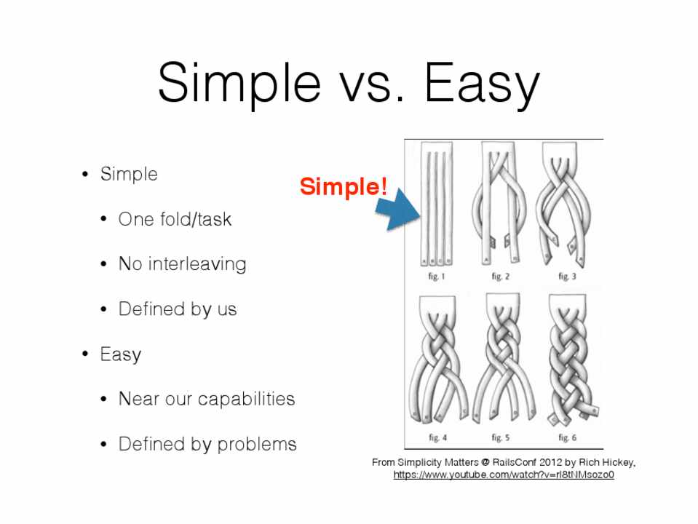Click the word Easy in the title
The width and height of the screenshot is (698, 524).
tap(482, 84)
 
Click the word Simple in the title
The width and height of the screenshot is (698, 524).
tap(239, 84)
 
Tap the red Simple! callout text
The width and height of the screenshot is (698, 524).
tap(344, 186)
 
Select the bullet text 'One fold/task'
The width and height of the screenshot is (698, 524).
tap(175, 219)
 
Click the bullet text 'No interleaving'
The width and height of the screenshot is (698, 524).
tap(182, 263)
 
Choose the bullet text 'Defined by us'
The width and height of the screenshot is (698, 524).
tap(177, 309)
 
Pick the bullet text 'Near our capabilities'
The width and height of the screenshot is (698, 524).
tap(207, 399)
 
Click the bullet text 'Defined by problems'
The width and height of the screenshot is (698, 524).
tap(207, 444)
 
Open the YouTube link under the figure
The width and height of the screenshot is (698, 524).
tap(504, 475)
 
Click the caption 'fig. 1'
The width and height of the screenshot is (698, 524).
tap(436, 277)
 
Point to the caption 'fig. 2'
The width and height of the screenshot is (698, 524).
tap(500, 277)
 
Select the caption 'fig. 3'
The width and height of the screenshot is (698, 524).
tap(567, 277)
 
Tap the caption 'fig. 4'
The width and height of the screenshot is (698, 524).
tap(437, 437)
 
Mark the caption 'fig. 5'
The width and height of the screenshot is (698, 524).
tap(500, 437)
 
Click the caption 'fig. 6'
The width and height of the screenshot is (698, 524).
tap(567, 437)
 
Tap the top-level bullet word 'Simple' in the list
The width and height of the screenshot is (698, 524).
tap(129, 174)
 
